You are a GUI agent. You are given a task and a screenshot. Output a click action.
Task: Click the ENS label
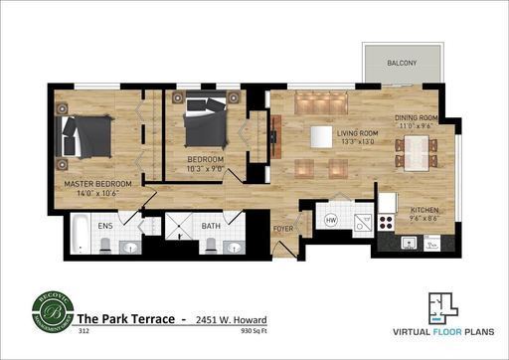105,227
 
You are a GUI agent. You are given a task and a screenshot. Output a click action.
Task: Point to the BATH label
210,227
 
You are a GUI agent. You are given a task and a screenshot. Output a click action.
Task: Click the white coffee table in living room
320,135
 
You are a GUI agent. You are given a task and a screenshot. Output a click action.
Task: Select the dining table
419,153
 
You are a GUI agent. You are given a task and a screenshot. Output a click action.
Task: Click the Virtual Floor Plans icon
443,303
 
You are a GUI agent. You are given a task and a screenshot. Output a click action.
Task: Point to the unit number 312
84,332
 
